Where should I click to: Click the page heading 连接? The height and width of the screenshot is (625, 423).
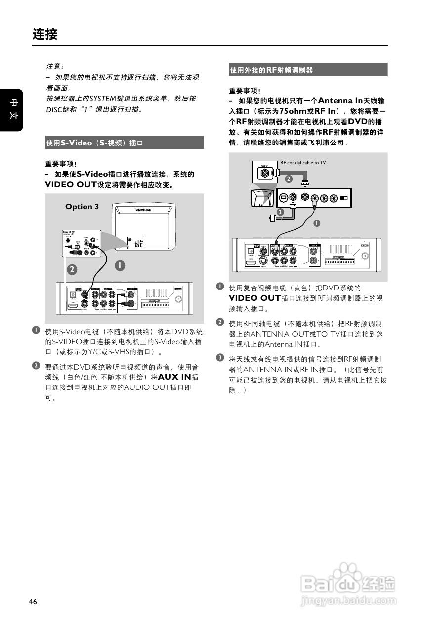click(45, 34)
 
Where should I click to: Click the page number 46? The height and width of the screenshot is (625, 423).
click(33, 602)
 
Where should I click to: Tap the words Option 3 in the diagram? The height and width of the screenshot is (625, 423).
click(82, 207)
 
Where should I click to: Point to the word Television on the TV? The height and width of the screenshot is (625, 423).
click(142, 211)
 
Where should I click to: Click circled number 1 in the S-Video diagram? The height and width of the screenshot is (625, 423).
click(119, 265)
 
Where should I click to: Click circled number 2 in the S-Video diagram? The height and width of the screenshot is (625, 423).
click(72, 270)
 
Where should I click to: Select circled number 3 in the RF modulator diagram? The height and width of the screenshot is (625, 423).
click(280, 212)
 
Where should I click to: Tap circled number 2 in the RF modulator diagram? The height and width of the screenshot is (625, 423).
click(288, 178)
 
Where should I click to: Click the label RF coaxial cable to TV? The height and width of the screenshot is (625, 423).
click(303, 162)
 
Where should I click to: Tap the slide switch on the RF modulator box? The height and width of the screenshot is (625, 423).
click(344, 199)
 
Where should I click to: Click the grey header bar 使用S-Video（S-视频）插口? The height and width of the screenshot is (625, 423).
click(124, 143)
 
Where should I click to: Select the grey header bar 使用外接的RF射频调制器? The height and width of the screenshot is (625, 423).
click(308, 70)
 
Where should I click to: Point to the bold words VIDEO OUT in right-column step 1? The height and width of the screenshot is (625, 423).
click(254, 298)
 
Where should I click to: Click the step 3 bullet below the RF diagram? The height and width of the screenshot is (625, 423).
click(220, 357)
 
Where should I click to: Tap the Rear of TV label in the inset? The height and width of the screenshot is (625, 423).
click(68, 232)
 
